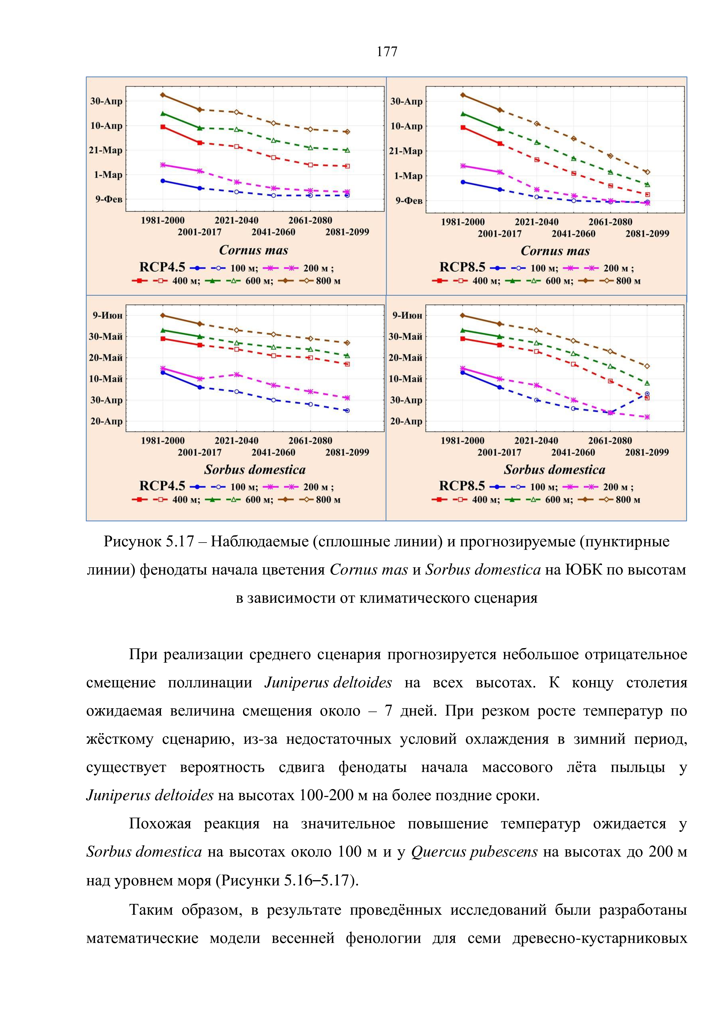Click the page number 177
coord(387,52)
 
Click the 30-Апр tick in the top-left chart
coord(106,101)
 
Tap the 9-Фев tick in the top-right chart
coord(409,201)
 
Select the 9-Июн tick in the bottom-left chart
coord(107,316)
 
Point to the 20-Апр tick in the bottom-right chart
coord(406,421)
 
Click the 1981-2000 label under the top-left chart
coord(163,220)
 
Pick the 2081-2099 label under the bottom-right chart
coord(647,453)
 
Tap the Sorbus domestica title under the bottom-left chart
coord(255,470)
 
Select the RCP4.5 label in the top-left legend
coord(162,268)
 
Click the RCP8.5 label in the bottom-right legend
coord(462,486)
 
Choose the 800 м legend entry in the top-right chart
coord(628,281)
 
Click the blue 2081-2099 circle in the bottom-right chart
coord(647,394)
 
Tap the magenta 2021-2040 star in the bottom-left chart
coord(237,375)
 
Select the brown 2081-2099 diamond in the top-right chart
coord(647,172)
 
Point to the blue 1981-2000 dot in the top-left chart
coord(163,181)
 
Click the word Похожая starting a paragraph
coord(159,824)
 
